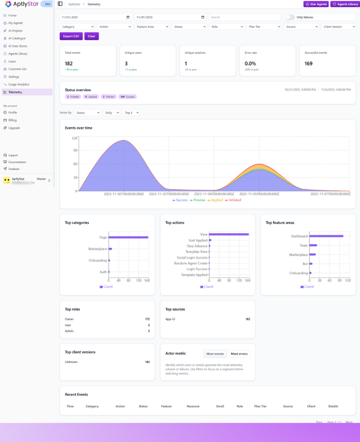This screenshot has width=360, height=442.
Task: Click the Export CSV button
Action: click(71, 36)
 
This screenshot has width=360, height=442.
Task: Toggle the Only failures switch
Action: click(290, 17)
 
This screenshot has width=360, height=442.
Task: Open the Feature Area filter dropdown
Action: click(152, 27)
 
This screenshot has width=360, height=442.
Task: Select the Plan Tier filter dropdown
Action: click(264, 27)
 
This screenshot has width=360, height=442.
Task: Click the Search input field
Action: click(245, 17)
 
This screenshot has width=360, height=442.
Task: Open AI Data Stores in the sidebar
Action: click(17, 46)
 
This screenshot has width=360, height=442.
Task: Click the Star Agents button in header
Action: click(316, 4)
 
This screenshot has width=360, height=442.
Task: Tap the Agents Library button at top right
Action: click(345, 4)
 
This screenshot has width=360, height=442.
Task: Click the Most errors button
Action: click(239, 354)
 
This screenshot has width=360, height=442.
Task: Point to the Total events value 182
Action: click(69, 63)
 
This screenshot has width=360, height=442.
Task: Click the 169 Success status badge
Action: click(127, 97)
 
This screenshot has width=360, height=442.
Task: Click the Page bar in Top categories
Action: click(128, 237)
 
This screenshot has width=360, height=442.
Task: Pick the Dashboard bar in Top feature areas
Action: click(326, 236)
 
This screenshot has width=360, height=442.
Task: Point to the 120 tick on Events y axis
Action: click(75, 138)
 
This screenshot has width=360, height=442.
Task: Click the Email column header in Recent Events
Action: click(220, 406)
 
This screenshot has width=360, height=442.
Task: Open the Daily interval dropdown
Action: click(111, 113)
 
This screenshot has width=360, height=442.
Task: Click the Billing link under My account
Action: click(12, 120)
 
